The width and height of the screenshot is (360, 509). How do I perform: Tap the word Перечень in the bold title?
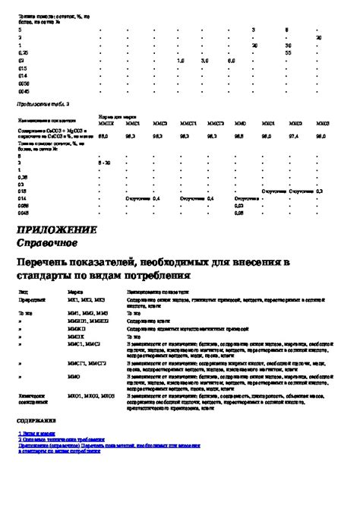pos(48,262)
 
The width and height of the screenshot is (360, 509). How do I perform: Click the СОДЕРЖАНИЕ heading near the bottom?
pos(36,420)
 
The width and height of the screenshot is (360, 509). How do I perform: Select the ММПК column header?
pos(107,122)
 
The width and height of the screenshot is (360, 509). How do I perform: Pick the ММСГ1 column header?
pos(188,122)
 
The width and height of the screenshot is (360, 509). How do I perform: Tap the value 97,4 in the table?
pos(295,136)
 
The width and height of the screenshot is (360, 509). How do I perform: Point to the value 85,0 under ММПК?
pos(105,136)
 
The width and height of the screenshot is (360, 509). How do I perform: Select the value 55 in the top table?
pos(288,53)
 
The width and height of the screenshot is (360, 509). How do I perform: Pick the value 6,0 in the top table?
pos(231,60)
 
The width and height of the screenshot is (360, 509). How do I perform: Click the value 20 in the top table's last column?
pos(319,37)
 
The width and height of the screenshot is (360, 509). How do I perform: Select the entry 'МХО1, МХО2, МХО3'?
pos(90,396)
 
